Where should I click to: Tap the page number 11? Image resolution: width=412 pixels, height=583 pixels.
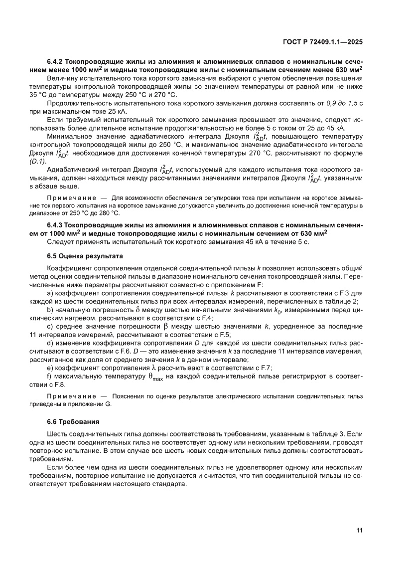coord(359,530)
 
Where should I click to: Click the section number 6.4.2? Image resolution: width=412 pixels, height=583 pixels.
coord(56,61)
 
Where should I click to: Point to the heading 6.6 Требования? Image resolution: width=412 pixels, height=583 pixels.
coord(74,421)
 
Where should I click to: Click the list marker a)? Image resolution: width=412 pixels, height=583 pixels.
coord(50,294)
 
